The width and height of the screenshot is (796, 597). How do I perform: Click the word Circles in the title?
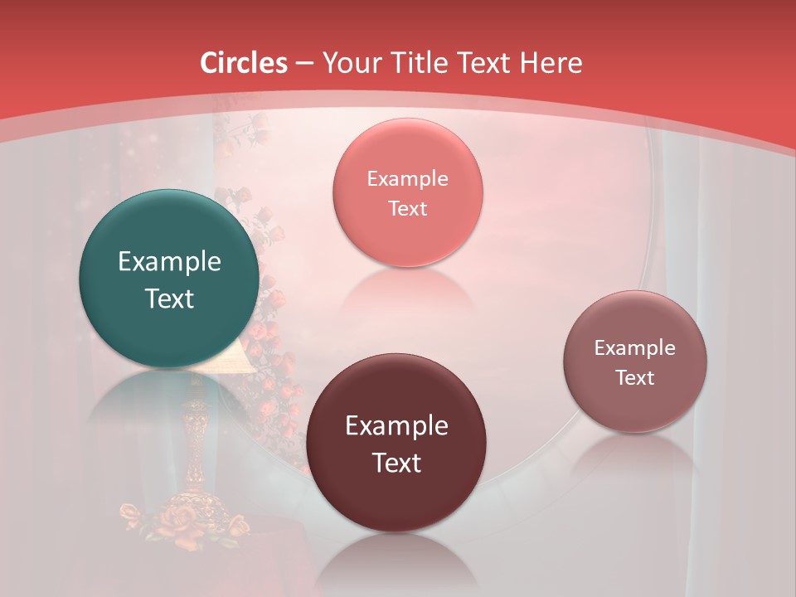click(244, 63)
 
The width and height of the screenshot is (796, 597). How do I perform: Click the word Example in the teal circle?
click(169, 262)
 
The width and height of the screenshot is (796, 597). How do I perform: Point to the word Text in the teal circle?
click(169, 298)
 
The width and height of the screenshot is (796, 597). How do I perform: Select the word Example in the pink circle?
click(407, 179)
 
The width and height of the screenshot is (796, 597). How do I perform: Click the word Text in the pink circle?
click(407, 208)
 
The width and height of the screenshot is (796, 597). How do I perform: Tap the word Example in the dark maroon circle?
click(396, 426)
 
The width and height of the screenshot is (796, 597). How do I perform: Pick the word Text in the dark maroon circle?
click(396, 463)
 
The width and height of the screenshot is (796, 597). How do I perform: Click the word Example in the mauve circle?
click(635, 348)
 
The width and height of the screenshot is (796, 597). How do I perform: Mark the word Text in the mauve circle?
click(635, 377)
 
